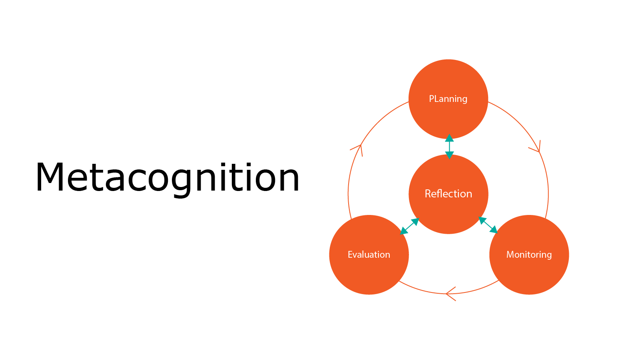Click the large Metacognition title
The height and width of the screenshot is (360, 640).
pyautogui.click(x=167, y=179)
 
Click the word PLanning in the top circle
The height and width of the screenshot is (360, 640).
pyautogui.click(x=448, y=99)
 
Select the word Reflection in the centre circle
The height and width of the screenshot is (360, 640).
pyautogui.click(x=448, y=194)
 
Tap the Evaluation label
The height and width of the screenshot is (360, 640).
pyautogui.click(x=369, y=255)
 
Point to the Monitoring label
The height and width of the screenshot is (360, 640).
pyautogui.click(x=529, y=255)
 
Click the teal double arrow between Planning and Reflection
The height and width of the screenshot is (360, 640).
pyautogui.click(x=449, y=147)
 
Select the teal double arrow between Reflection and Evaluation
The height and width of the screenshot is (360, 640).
pyautogui.click(x=409, y=227)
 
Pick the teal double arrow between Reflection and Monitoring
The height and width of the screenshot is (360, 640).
pyautogui.click(x=488, y=225)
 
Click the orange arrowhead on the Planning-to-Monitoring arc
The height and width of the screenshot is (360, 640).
pyautogui.click(x=537, y=147)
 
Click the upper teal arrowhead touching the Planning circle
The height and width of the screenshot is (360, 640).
pyautogui.click(x=449, y=138)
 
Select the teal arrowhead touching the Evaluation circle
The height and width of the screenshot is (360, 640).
pyautogui.click(x=403, y=231)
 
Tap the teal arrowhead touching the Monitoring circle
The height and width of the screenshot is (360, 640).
pyautogui.click(x=493, y=230)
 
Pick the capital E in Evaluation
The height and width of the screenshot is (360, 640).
pyautogui.click(x=350, y=255)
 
